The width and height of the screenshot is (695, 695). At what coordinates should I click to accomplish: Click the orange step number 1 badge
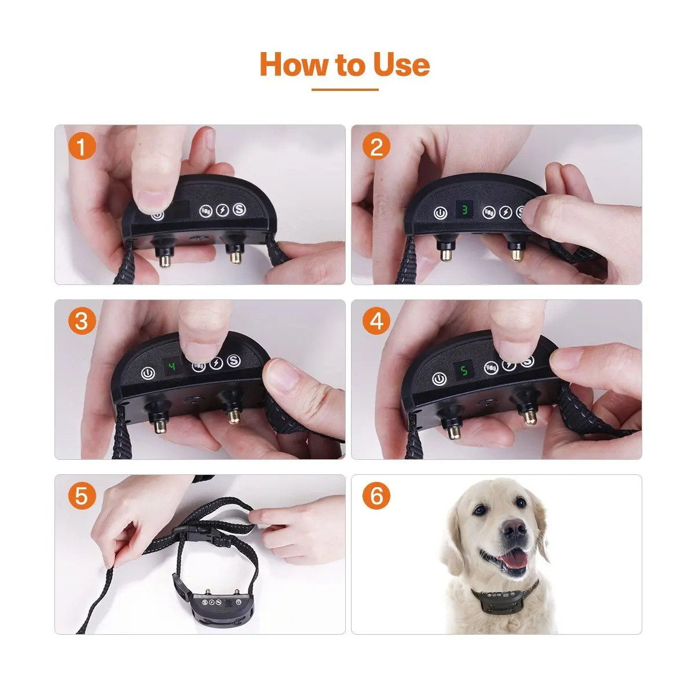[82, 147]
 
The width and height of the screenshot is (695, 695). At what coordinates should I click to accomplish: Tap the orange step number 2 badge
[377, 147]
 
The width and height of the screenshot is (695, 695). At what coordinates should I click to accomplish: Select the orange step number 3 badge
[82, 321]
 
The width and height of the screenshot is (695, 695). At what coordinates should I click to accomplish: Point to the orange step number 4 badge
[377, 321]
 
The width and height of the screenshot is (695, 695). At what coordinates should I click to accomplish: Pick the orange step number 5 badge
[82, 496]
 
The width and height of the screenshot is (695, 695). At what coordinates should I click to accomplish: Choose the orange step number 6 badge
[377, 496]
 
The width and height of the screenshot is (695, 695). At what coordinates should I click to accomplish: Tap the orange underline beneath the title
[345, 90]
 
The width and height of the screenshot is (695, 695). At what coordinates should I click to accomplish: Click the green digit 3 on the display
[463, 210]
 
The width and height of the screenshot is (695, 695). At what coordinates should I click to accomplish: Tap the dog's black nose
[513, 528]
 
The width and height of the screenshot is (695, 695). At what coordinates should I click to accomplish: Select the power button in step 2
[441, 213]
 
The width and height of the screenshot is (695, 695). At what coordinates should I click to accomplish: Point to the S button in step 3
[234, 362]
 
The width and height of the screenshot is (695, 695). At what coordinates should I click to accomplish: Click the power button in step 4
[440, 380]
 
